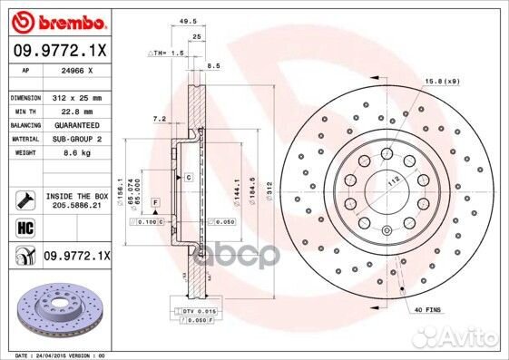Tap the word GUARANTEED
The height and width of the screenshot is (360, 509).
click(76, 124)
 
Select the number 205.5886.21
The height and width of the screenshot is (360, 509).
click(76, 207)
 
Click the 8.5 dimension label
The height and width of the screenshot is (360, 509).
click(213, 66)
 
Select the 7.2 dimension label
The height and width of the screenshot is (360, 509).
click(160, 119)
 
